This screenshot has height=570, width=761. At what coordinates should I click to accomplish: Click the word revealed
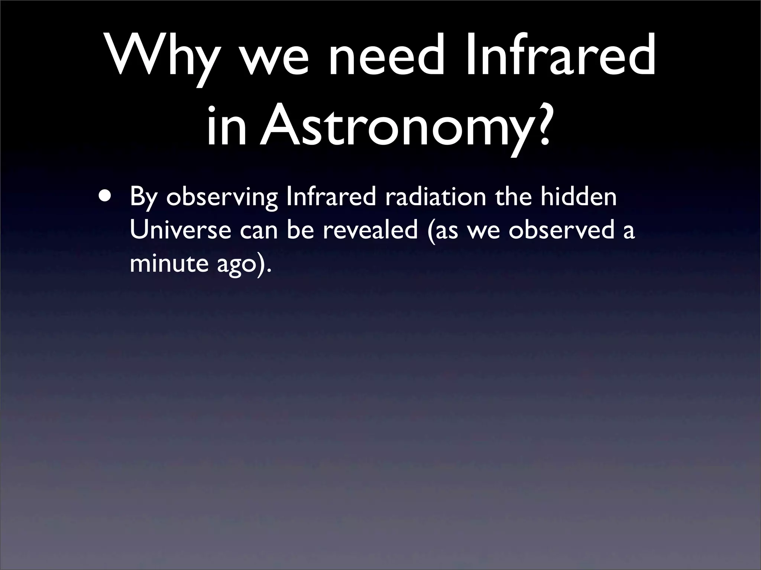(x=370, y=230)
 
